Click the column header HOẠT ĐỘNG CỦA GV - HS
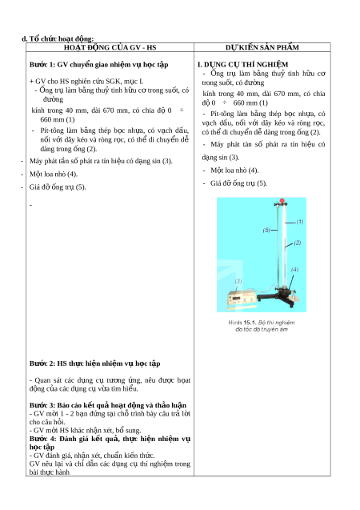[110, 47]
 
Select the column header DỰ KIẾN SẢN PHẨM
[262, 47]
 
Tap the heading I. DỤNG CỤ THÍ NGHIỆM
[242, 64]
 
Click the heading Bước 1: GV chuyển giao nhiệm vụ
[98, 64]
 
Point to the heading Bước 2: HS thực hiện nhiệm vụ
[94, 363]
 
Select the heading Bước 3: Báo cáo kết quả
[108, 405]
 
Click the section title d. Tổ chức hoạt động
[58, 38]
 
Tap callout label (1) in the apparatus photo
[299, 222]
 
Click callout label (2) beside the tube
[298, 243]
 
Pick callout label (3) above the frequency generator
[238, 281]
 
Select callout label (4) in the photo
[294, 269]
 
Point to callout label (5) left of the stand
[266, 230]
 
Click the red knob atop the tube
[282, 201]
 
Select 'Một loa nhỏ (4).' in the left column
[54, 174]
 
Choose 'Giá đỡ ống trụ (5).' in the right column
[238, 183]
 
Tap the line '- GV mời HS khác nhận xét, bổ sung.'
[85, 430]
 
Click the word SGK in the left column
[113, 82]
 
